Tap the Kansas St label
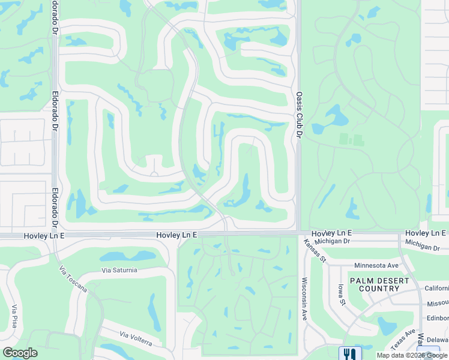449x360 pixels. pyautogui.click(x=314, y=251)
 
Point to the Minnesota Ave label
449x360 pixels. pyautogui.click(x=376, y=265)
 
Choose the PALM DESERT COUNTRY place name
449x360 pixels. pyautogui.click(x=379, y=284)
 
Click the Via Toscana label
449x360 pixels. pyautogui.click(x=73, y=280)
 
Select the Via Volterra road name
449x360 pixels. pyautogui.click(x=136, y=338)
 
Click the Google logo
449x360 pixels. pyautogui.click(x=20, y=353)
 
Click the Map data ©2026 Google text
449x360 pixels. pyautogui.click(x=412, y=355)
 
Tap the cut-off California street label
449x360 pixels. pyautogui.click(x=436, y=288)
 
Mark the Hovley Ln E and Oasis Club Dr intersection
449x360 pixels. pyautogui.click(x=298, y=232)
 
